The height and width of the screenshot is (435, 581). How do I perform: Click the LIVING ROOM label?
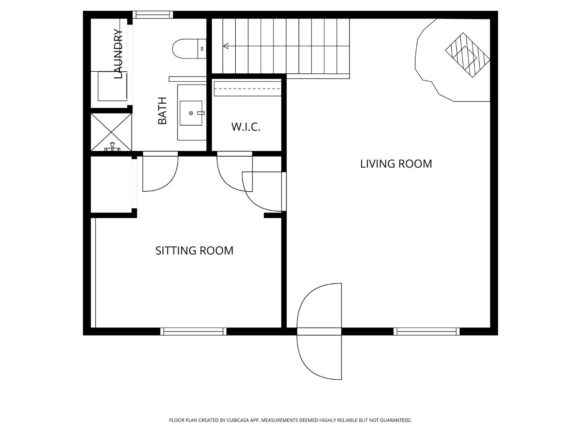click(x=396, y=164)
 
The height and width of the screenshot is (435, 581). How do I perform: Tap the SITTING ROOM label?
click(x=194, y=251)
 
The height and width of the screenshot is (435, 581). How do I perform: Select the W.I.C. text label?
click(x=246, y=127)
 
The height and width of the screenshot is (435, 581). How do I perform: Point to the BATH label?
click(x=162, y=111)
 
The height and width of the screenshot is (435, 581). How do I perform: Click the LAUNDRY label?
click(x=118, y=54)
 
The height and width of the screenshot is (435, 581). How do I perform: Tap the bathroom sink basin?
click(x=191, y=113)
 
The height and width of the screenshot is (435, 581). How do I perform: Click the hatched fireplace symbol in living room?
click(x=468, y=55)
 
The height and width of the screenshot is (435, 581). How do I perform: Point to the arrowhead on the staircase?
click(x=226, y=46)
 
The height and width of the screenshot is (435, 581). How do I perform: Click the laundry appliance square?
click(x=113, y=86)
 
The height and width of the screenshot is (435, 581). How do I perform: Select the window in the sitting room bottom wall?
click(x=193, y=331)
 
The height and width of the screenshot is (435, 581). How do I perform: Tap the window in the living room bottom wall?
click(x=426, y=331)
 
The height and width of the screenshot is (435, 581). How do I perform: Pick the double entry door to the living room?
click(x=320, y=331)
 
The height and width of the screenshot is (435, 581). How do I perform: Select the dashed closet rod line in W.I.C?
click(x=247, y=89)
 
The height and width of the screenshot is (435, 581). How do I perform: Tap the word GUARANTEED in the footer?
click(x=397, y=420)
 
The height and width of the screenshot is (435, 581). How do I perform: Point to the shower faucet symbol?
click(x=112, y=148)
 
